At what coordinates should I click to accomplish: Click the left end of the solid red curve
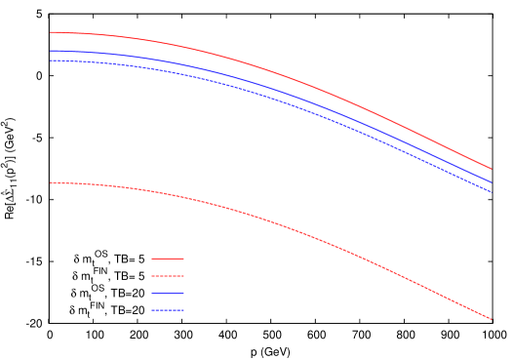coord(51,32)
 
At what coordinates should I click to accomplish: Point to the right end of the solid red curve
coord(491,169)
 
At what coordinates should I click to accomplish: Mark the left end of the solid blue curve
coord(51,51)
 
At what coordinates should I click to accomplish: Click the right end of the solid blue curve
coord(491,181)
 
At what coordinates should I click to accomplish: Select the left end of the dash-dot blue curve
coord(51,60)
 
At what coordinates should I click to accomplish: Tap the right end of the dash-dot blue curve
coord(491,191)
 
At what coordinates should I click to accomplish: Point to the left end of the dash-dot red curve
coord(51,182)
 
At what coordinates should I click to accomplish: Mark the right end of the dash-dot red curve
coord(491,319)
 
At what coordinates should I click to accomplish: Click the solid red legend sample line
coord(168,259)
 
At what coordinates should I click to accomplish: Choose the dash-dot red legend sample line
coord(168,276)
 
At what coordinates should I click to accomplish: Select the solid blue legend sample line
coord(168,293)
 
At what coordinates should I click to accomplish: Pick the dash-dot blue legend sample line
coord(168,310)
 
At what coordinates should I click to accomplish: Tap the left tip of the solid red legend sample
coord(152,259)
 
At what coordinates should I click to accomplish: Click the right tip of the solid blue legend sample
coord(184,293)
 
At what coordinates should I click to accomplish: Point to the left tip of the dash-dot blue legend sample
coord(152,310)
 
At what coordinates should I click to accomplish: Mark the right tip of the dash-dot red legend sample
coord(184,276)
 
